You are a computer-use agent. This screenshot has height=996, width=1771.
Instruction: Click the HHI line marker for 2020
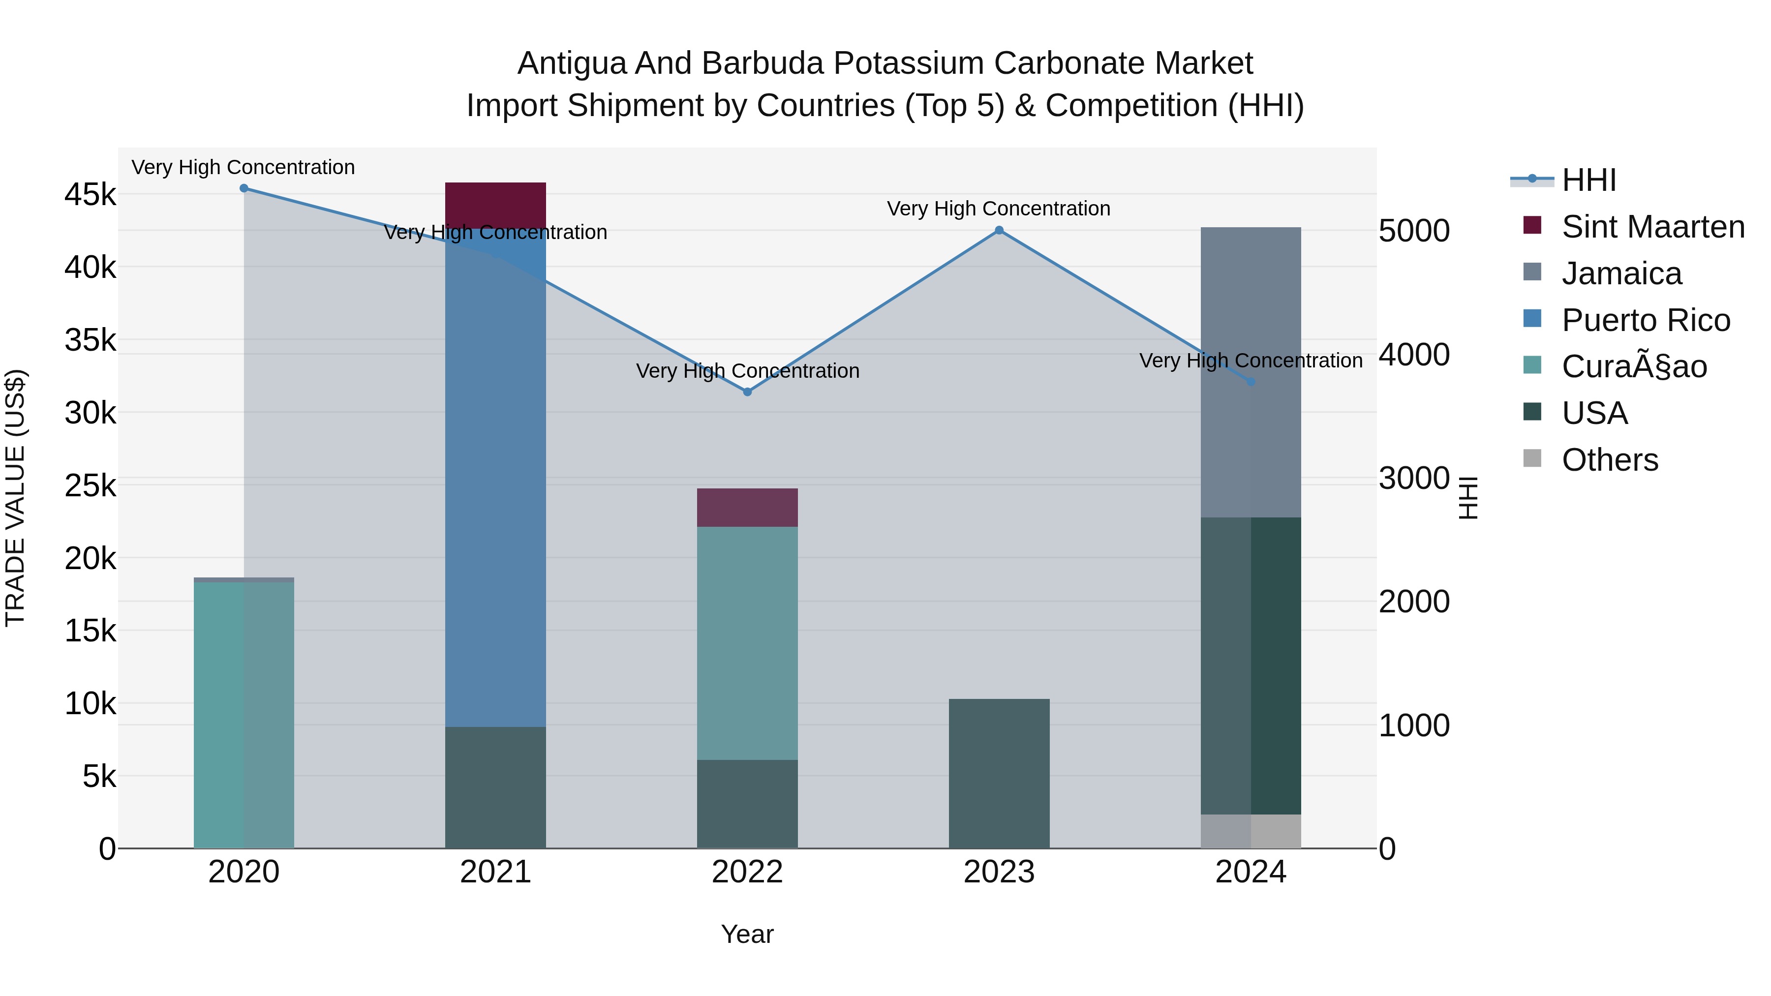click(x=244, y=188)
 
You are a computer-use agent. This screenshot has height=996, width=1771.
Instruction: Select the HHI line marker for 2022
click(x=747, y=392)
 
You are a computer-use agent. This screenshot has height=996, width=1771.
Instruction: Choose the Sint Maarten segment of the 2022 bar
click(x=747, y=507)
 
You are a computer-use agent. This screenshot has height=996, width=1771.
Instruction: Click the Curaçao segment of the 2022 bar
click(x=747, y=643)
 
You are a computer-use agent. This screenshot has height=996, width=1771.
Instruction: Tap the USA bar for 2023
click(x=999, y=773)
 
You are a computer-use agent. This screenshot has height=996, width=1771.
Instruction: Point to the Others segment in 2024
click(x=1251, y=831)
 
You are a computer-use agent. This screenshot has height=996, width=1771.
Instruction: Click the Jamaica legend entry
click(x=1621, y=273)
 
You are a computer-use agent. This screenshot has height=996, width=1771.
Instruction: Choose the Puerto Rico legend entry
click(x=1645, y=320)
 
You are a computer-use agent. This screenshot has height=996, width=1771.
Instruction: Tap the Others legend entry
click(x=1610, y=460)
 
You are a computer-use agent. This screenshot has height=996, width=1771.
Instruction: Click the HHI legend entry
click(x=1588, y=180)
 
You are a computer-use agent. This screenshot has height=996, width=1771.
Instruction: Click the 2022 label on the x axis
click(x=747, y=872)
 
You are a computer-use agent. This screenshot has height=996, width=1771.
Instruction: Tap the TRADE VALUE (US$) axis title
click(x=15, y=498)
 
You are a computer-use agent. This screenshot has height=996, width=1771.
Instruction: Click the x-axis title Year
click(x=747, y=934)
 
